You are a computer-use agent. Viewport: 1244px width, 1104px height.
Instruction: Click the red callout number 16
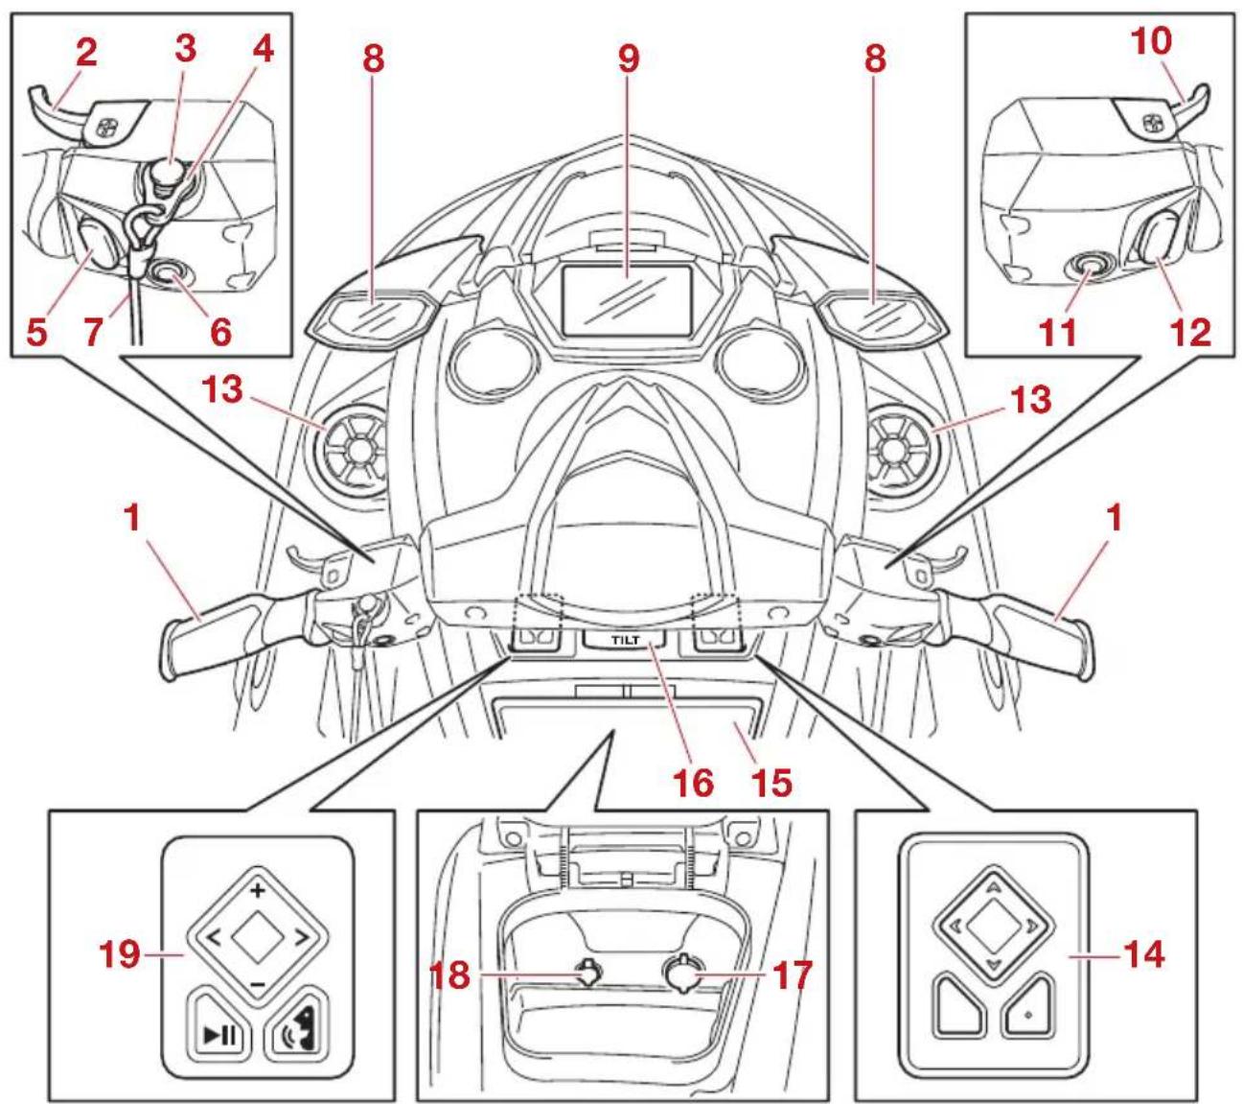[x=695, y=781]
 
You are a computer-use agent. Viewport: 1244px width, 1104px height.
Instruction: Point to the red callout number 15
[x=772, y=781]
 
